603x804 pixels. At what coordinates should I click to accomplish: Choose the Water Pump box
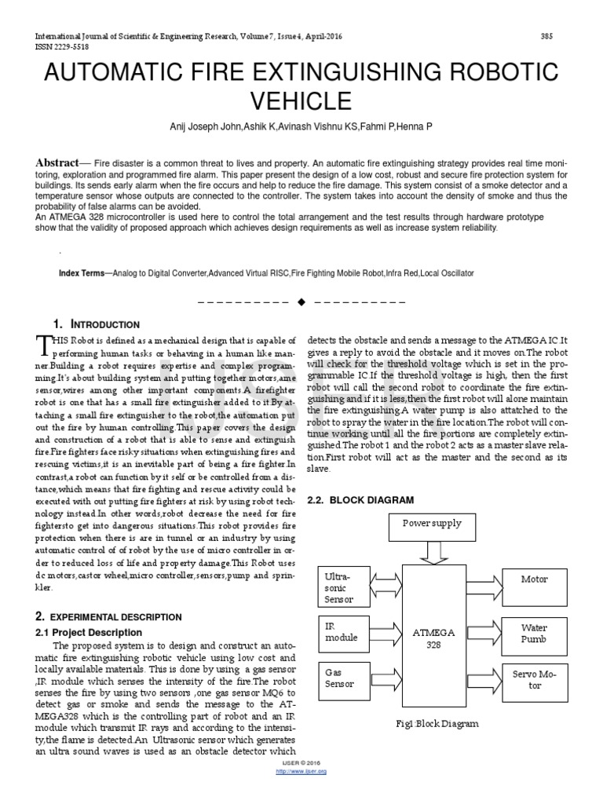coord(534,634)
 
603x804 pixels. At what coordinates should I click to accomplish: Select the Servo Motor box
coord(534,679)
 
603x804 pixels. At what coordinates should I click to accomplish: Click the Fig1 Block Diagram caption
coord(437,724)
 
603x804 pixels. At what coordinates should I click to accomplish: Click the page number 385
coord(548,37)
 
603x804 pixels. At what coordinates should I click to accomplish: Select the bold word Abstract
coord(57,163)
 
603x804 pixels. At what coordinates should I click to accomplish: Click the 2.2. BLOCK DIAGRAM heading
coord(359,499)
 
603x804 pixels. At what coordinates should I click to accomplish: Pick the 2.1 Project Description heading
coord(90,632)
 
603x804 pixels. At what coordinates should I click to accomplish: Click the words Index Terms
coord(81,272)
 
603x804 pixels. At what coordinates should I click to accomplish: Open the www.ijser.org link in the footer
coord(301,771)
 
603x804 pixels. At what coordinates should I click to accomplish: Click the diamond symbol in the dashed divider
coord(300,301)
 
